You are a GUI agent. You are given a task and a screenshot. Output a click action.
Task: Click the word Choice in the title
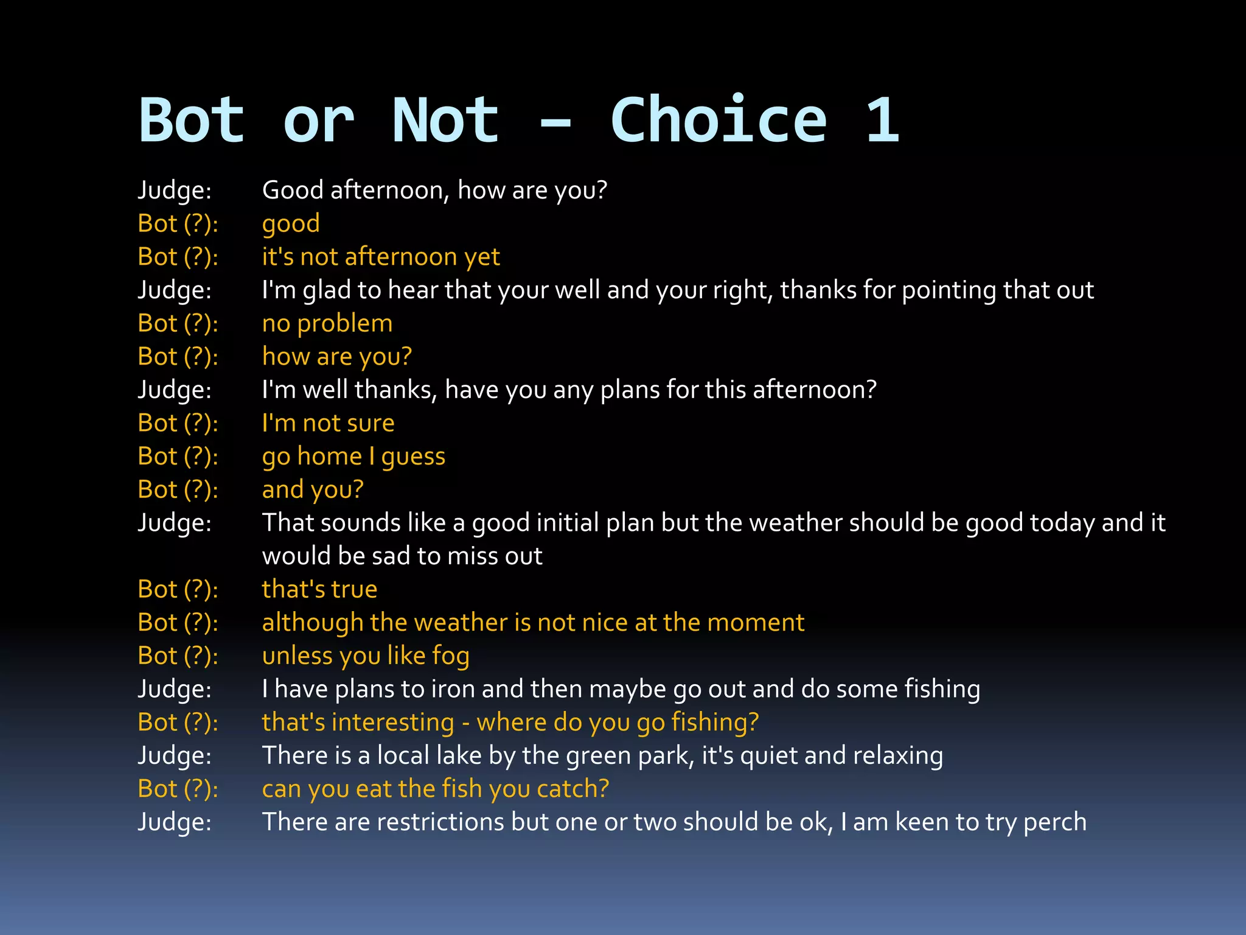coord(718,121)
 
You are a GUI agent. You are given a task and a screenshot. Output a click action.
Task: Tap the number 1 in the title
coord(882,121)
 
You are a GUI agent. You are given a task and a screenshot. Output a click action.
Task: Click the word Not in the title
coord(445,121)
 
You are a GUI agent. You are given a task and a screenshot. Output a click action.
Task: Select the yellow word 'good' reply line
coord(291,224)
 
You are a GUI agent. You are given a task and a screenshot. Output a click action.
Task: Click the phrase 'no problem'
coord(327,324)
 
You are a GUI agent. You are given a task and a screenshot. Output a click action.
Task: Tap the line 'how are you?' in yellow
coord(336,357)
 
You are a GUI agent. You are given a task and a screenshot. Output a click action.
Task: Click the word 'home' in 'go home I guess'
coord(330,457)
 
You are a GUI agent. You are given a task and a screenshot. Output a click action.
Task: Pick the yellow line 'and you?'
coord(313,490)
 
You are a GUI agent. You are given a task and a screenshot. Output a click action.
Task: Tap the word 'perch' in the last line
coord(1054,822)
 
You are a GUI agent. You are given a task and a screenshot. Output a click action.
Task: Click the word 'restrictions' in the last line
coord(440,822)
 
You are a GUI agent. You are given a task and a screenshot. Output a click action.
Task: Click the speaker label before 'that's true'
coord(178,589)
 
